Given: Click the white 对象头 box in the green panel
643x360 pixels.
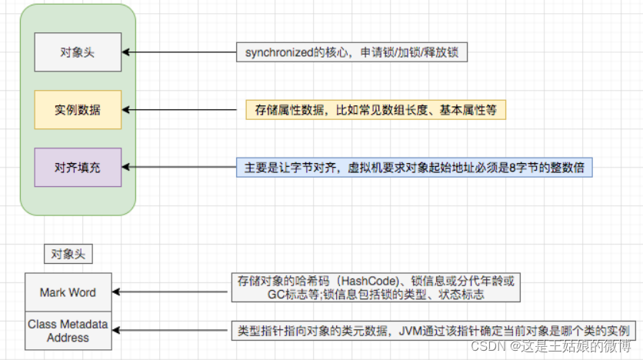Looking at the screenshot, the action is pyautogui.click(x=78, y=52).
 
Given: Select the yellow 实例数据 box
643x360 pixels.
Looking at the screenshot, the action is pyautogui.click(x=78, y=110).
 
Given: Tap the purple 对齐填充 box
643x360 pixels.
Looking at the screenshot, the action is pyautogui.click(x=78, y=167).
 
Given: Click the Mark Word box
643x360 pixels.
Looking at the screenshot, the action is pyautogui.click(x=68, y=292).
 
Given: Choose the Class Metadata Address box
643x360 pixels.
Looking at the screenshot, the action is pyautogui.click(x=68, y=330).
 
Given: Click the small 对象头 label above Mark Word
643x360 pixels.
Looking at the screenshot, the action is pyautogui.click(x=68, y=253).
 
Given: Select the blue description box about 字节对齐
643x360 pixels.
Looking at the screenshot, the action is pyautogui.click(x=415, y=168).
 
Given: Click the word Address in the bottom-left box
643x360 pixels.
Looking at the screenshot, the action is pyautogui.click(x=68, y=337).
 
